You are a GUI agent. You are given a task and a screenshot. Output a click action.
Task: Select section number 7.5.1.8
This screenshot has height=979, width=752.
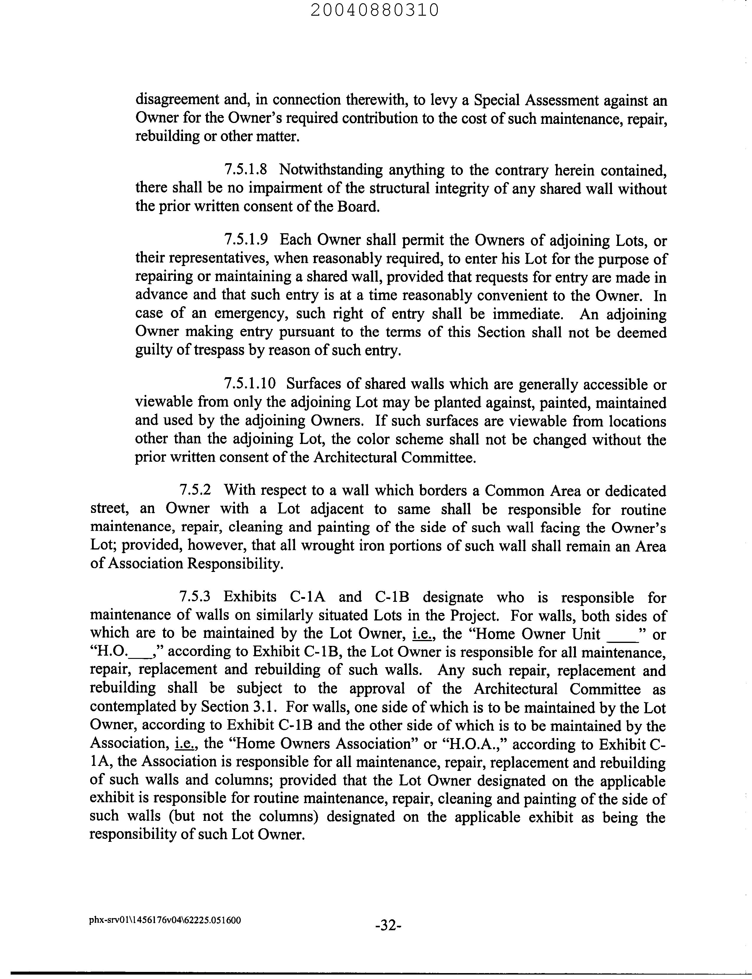click(246, 170)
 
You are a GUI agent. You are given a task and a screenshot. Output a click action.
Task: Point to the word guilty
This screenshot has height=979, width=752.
click(153, 350)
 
